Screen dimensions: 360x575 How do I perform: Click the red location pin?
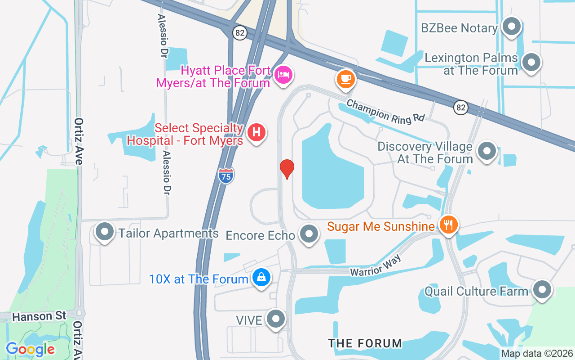coord(287,168)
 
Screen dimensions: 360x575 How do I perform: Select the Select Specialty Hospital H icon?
coord(257,133)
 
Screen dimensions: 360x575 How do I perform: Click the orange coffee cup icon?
coord(345,79)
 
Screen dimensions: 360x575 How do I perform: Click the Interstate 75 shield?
coord(226,175)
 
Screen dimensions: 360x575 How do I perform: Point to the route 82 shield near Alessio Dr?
coord(240,32)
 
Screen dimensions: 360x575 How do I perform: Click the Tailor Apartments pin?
coord(105,232)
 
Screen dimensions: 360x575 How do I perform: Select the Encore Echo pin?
coord(309,234)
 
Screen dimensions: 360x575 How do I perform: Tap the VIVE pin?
coord(276,319)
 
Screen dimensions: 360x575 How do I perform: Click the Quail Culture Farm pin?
coord(542,289)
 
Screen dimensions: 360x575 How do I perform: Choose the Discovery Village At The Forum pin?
coord(487,151)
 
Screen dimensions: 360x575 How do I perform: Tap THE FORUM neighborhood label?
coord(365,343)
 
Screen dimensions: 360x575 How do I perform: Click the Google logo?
coord(31,349)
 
